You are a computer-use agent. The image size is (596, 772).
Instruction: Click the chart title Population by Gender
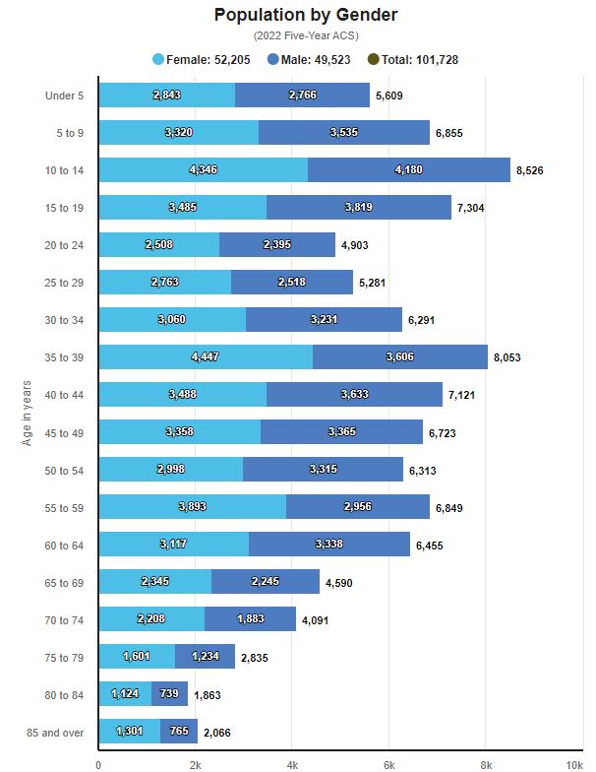[x=305, y=15]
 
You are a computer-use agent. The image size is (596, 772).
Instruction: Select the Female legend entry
[x=202, y=60]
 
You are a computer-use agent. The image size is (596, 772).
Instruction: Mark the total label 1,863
[x=207, y=695]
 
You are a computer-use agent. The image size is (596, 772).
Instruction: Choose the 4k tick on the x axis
[x=292, y=764]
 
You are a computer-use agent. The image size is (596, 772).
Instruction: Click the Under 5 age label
[x=64, y=96]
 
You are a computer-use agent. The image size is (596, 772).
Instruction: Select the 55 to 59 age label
[x=64, y=508]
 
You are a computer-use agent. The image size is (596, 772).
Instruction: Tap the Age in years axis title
[x=28, y=413]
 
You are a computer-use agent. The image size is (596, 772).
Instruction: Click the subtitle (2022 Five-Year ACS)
[x=305, y=35]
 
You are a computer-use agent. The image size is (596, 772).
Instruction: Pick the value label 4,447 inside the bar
[x=203, y=356]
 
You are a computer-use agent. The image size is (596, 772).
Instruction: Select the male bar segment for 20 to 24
[x=277, y=245]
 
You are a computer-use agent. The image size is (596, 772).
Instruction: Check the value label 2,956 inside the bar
[x=358, y=507]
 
